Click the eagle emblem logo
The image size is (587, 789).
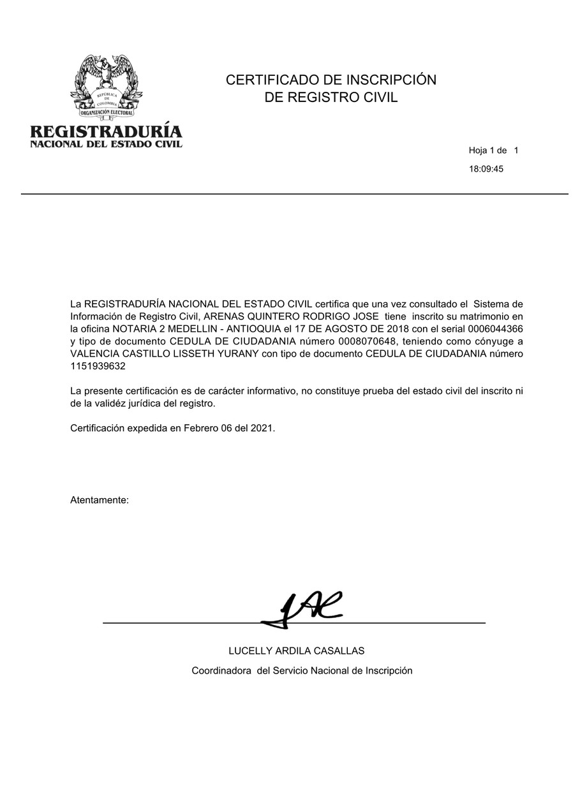(x=107, y=87)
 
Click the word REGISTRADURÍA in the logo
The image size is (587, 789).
(x=107, y=131)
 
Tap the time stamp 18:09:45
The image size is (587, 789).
(x=486, y=169)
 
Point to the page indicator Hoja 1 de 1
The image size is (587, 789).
(x=493, y=151)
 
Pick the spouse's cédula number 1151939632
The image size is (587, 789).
(x=98, y=366)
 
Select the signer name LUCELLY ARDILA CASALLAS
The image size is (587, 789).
(x=297, y=651)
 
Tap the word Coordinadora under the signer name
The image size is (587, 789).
(x=221, y=670)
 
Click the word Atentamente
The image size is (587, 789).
(x=100, y=500)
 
